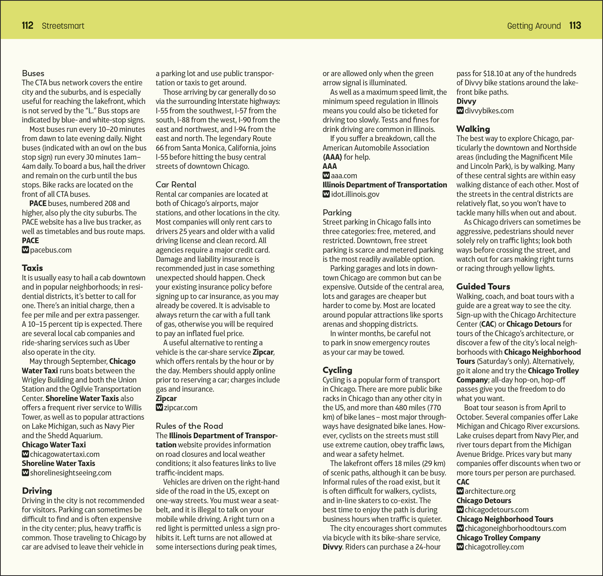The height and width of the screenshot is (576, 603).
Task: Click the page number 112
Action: pyautogui.click(x=28, y=25)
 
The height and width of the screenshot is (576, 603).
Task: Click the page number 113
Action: pyautogui.click(x=575, y=25)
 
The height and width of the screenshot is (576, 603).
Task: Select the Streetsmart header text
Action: pyautogui.click(x=63, y=26)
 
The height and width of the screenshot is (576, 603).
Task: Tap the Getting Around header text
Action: pyautogui.click(x=534, y=26)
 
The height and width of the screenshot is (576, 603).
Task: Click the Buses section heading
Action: pyautogui.click(x=33, y=73)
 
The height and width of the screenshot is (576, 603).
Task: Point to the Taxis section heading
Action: pyautogui.click(x=32, y=268)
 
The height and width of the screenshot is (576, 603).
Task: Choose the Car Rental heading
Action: pyautogui.click(x=176, y=185)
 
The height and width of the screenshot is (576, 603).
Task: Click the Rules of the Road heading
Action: pyautogui.click(x=189, y=426)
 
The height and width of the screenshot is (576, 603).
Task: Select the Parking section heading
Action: pyautogui.click(x=337, y=212)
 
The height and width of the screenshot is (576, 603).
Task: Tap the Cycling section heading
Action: pyautogui.click(x=337, y=370)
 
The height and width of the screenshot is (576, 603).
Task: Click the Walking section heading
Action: pyautogui.click(x=473, y=129)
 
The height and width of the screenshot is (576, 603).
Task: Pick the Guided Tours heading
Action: pyautogui.click(x=483, y=286)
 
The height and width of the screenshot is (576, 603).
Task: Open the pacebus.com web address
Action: pyautogui.click(x=51, y=250)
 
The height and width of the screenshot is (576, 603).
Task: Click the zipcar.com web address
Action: pyautogui.click(x=181, y=408)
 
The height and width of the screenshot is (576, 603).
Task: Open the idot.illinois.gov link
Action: pyautogui.click(x=355, y=194)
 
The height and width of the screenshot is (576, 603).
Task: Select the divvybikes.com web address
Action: pyautogui.click(x=489, y=111)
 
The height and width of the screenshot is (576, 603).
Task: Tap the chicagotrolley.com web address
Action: pyautogui.click(x=494, y=547)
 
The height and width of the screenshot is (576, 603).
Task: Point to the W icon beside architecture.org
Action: pyautogui.click(x=460, y=491)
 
